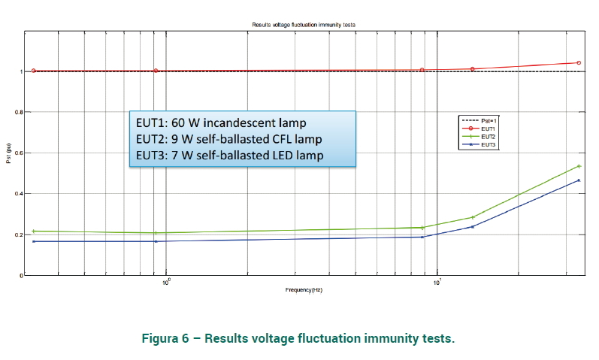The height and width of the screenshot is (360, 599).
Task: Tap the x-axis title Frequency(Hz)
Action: coord(303,289)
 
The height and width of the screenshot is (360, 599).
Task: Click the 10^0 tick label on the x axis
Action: coord(166,282)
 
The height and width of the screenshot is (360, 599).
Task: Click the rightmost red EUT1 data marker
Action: coord(579,63)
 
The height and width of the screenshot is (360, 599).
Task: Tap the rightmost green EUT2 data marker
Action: coord(579,166)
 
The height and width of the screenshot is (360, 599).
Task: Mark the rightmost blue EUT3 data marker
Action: coord(579,180)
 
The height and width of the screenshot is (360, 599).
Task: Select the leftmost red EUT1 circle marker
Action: coord(33,71)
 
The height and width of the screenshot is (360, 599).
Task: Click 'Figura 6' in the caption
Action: coord(165,338)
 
